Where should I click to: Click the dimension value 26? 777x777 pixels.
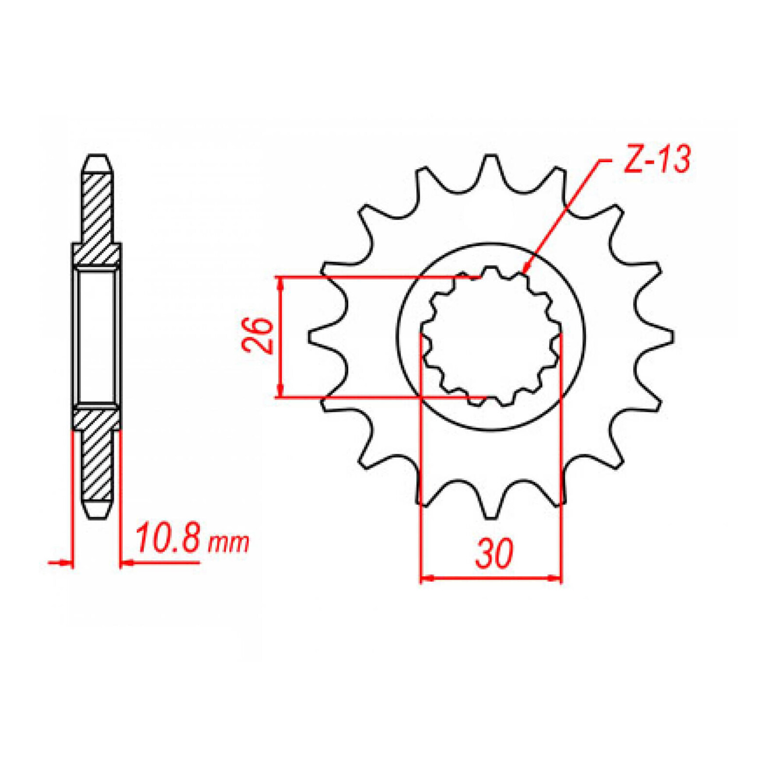point(258,335)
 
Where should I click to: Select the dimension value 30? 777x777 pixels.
point(494,553)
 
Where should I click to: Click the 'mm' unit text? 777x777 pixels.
point(228,543)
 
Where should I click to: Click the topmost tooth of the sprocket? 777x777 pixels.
point(491,165)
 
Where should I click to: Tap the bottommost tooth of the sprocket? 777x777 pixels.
point(491,507)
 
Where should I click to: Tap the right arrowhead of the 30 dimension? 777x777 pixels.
point(556,578)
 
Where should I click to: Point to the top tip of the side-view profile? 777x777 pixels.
point(97,156)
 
